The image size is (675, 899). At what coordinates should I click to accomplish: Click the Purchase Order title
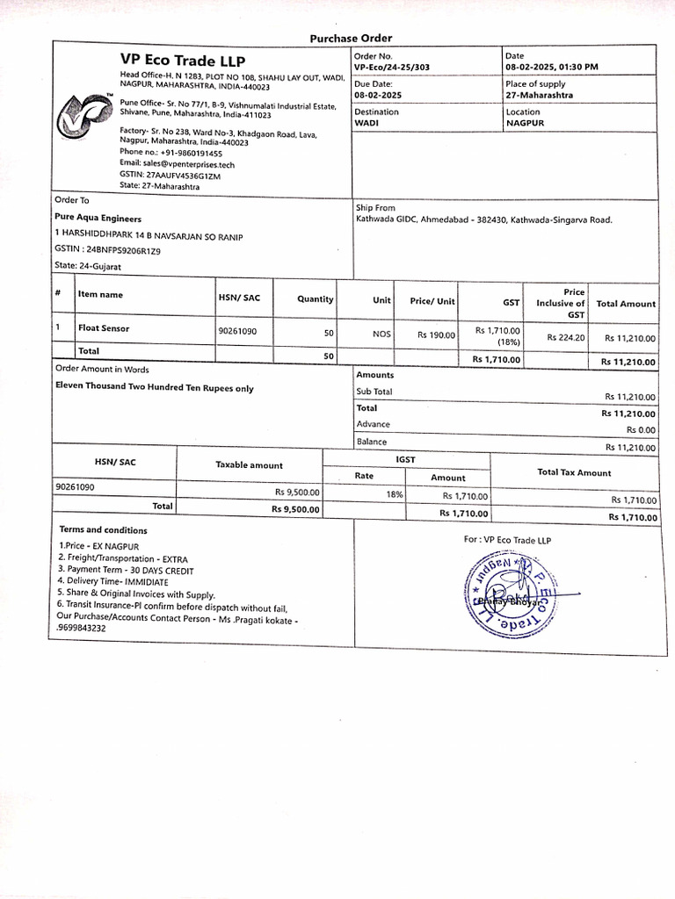tap(351, 38)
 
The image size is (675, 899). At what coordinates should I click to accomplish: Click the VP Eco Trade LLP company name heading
tap(183, 61)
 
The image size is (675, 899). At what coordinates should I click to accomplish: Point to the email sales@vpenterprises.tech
tap(177, 164)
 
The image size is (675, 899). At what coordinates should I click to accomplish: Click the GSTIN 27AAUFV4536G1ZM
tap(171, 176)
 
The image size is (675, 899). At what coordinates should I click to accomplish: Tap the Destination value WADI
tap(366, 124)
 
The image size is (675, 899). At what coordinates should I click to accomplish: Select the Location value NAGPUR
tap(525, 124)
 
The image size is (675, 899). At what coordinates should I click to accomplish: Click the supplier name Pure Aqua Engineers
tap(98, 219)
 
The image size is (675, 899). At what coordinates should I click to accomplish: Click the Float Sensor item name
tap(104, 328)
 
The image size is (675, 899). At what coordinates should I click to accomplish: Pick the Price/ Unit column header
tap(432, 301)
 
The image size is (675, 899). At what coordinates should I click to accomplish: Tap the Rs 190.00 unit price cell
tap(436, 335)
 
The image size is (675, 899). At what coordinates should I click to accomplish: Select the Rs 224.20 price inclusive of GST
tap(565, 337)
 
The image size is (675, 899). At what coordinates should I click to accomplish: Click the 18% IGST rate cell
tap(395, 495)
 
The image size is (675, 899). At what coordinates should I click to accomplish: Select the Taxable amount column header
tap(250, 465)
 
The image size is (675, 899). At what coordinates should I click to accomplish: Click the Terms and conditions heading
tap(103, 530)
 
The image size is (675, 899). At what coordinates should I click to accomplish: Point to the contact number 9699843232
tap(82, 629)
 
